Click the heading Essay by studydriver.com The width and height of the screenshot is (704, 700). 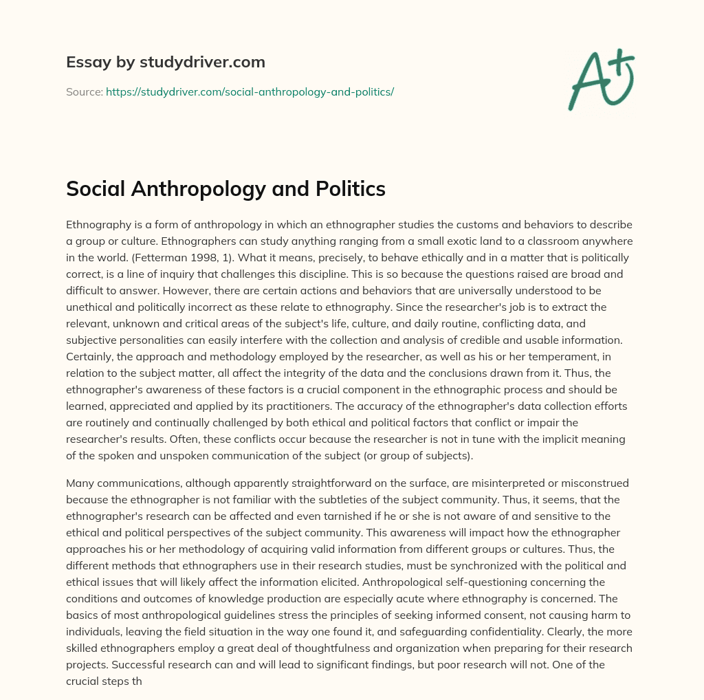point(165,62)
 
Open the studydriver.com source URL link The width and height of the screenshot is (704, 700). point(250,91)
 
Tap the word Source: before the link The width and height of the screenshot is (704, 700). point(84,91)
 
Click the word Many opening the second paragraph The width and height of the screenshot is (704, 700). point(80,483)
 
